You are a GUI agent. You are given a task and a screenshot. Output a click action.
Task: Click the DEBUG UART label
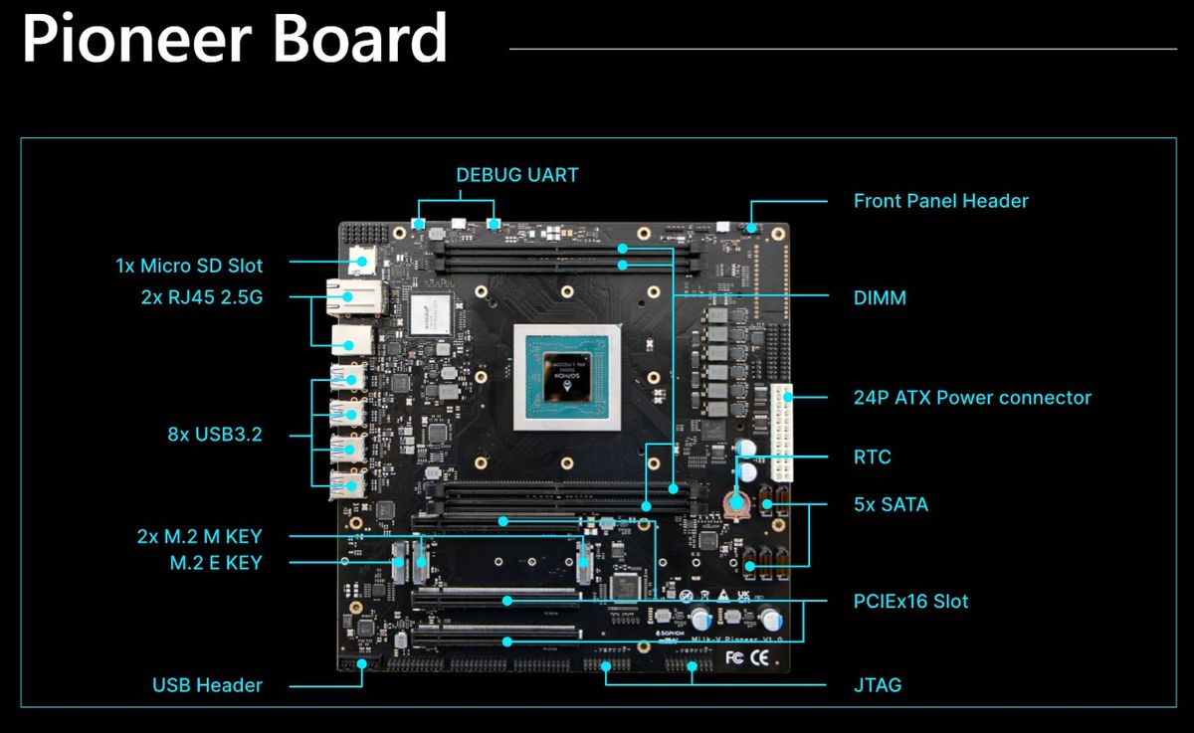tap(516, 175)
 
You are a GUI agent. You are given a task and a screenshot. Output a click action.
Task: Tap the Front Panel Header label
tap(940, 201)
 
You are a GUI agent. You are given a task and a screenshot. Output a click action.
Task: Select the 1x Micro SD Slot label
tap(189, 266)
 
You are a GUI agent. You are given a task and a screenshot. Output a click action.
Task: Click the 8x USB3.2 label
tap(215, 434)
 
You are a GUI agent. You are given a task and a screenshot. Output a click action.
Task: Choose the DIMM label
tap(880, 297)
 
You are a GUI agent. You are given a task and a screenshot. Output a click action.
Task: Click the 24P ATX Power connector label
tap(972, 398)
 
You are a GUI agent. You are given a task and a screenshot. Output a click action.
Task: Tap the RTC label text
tap(873, 458)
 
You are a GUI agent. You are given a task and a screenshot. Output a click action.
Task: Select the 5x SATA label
tap(891, 504)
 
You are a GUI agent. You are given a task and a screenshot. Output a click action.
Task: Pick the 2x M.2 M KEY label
tap(199, 537)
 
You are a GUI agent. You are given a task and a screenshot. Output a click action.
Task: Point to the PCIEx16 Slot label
tap(910, 601)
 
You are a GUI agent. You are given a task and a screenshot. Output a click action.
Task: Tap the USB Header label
tap(207, 685)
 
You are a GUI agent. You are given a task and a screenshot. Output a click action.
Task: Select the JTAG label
tap(878, 685)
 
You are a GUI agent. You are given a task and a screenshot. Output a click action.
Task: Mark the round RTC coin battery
tap(736, 501)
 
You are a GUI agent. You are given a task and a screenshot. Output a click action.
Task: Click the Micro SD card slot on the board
tap(361, 261)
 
